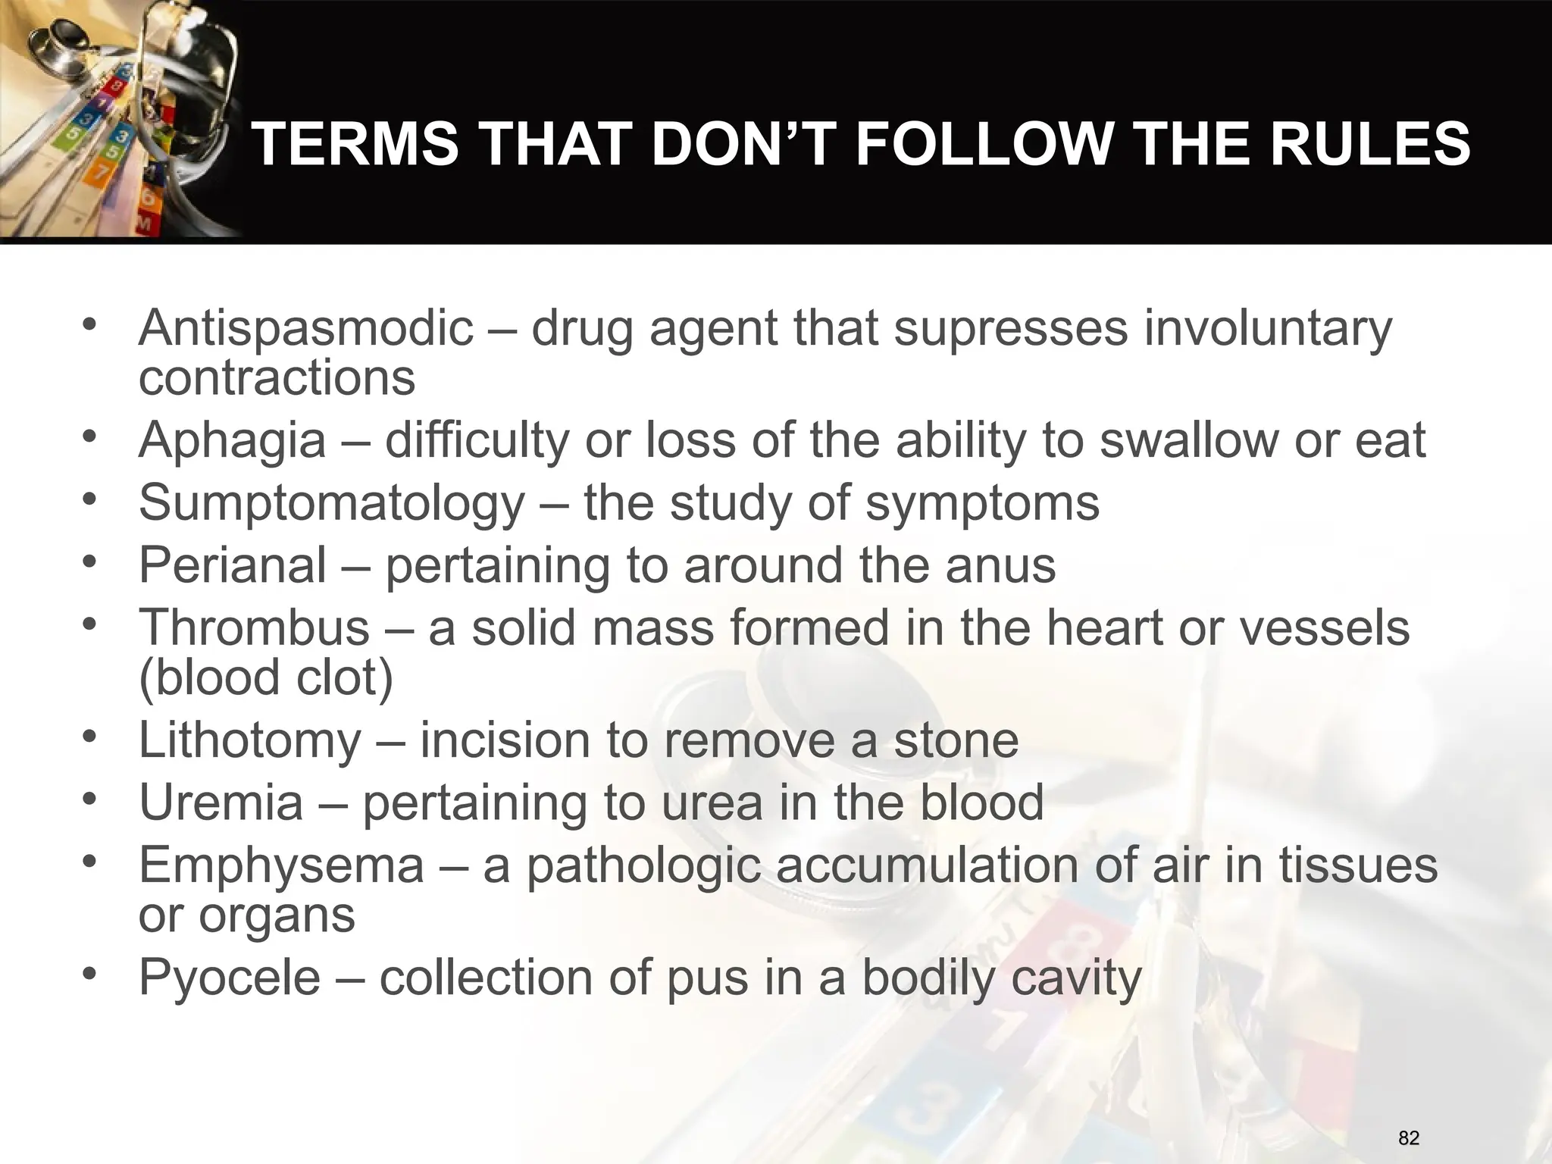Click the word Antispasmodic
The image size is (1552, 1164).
coord(305,329)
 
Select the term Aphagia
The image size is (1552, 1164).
coord(232,440)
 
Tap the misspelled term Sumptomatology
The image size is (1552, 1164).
coord(331,503)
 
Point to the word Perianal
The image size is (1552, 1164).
coord(233,565)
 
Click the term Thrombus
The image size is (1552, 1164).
coord(254,628)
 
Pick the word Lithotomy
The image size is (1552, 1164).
coord(250,740)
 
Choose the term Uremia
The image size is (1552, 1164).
coord(221,803)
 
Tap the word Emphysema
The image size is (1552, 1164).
coord(281,865)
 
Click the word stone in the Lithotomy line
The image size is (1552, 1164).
coord(956,740)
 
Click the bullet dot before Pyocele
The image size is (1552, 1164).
coord(91,974)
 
